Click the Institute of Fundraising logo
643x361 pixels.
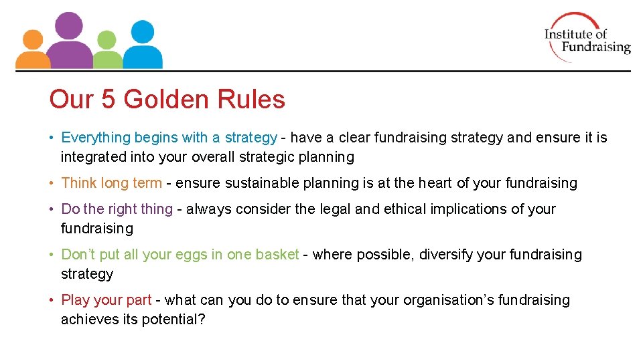point(587,37)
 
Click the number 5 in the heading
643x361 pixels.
point(108,100)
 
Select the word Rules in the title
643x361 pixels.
point(254,100)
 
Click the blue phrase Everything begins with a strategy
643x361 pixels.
point(169,138)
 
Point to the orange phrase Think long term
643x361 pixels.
point(111,183)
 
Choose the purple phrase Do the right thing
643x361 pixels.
point(117,209)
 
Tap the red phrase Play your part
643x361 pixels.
point(106,300)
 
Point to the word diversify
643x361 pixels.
point(443,255)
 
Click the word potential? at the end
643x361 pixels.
point(173,320)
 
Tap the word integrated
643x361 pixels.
point(94,157)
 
